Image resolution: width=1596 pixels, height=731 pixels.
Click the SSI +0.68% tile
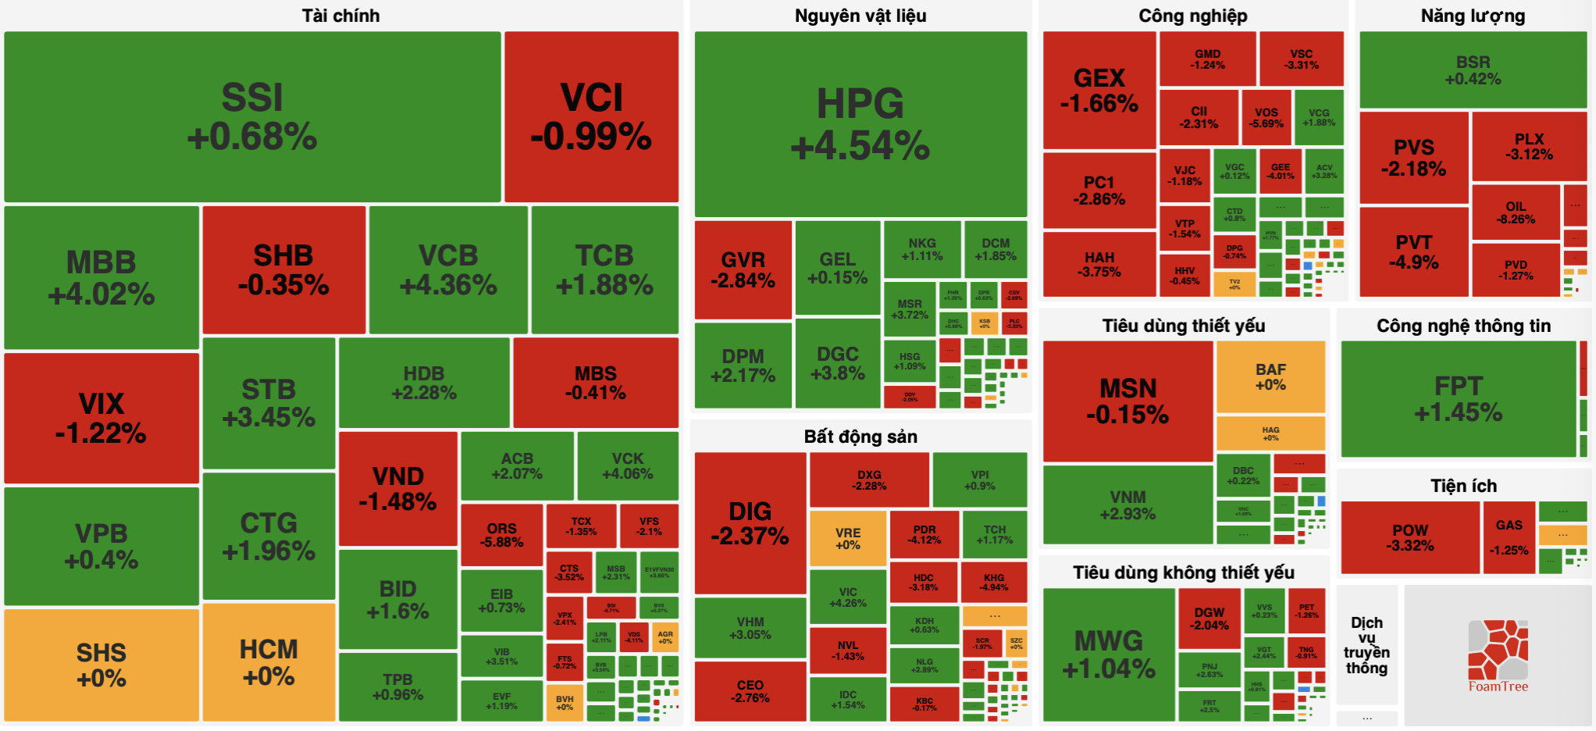(252, 117)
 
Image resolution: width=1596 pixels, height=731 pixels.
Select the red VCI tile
(591, 117)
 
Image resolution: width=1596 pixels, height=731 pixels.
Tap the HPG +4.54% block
(860, 124)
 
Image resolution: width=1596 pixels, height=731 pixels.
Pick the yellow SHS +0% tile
(102, 665)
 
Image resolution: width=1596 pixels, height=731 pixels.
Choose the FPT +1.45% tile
(1459, 399)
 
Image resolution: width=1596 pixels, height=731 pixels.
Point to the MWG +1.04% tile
(1109, 654)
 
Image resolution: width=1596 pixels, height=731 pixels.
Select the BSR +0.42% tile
(1473, 70)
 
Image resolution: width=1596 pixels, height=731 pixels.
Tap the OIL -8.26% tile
(1516, 212)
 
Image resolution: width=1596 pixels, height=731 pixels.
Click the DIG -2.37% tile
(750, 523)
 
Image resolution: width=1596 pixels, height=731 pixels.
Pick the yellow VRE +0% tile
(848, 538)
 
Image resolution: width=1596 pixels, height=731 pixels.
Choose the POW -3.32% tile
(1410, 537)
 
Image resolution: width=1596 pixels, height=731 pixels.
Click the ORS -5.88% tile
(501, 535)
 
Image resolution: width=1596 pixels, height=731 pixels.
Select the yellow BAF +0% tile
(1270, 376)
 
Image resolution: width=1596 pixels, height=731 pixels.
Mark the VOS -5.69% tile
(1266, 118)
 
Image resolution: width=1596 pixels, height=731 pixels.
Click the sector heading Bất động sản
(860, 437)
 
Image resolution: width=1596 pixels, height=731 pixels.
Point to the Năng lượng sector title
(1473, 16)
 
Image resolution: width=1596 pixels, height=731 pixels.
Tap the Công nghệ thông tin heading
(1463, 326)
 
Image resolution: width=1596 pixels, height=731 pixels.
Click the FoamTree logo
(1498, 656)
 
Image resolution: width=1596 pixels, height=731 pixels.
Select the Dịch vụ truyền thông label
(1366, 645)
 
